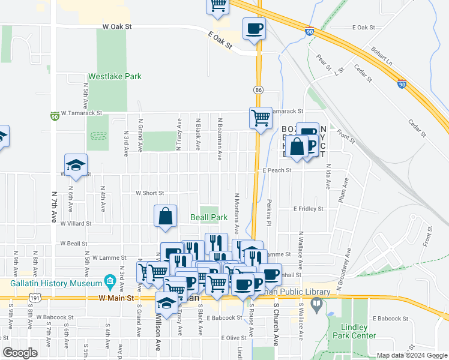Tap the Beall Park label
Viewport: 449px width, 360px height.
pyautogui.click(x=209, y=217)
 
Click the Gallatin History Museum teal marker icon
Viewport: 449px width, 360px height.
pyautogui.click(x=109, y=281)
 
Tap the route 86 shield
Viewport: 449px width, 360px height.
pyautogui.click(x=258, y=89)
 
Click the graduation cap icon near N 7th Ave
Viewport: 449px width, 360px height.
pyautogui.click(x=76, y=166)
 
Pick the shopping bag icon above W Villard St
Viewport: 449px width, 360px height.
pyautogui.click(x=165, y=217)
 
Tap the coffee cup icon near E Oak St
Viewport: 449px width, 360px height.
pyautogui.click(x=254, y=28)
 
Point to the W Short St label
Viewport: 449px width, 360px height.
pyautogui.click(x=150, y=193)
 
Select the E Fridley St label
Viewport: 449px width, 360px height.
pyautogui.click(x=308, y=209)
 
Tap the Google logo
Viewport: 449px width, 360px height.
pyautogui.click(x=20, y=353)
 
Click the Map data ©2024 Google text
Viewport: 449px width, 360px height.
pyautogui.click(x=412, y=355)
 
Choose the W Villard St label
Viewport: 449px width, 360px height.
pyautogui.click(x=76, y=223)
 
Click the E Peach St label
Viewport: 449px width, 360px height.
pyautogui.click(x=277, y=170)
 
